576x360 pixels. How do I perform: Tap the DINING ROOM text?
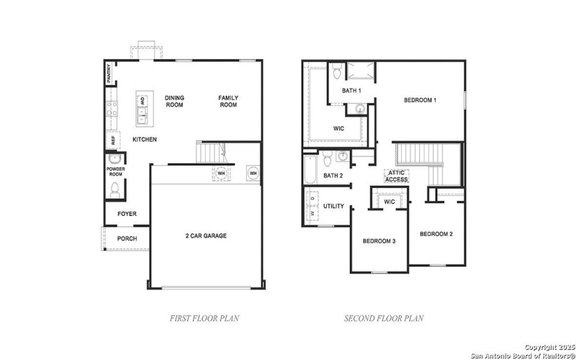[x=174, y=102]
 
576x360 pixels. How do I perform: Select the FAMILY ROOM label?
[x=228, y=102]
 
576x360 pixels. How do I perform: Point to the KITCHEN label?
[x=145, y=140]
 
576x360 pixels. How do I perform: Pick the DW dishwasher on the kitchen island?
[x=143, y=101]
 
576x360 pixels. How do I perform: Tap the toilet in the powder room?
[x=114, y=189]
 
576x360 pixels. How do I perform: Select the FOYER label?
[x=127, y=214]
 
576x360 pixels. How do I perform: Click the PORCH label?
[x=127, y=239]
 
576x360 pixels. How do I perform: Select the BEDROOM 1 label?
[x=420, y=100]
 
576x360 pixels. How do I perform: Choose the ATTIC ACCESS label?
[x=397, y=176]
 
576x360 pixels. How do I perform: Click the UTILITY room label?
[x=333, y=206]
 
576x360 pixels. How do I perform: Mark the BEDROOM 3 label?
[x=379, y=240]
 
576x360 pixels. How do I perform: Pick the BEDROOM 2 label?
[x=436, y=233]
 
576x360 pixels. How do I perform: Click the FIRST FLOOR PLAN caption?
[x=204, y=318]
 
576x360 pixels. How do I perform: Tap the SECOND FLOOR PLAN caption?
[x=384, y=318]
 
